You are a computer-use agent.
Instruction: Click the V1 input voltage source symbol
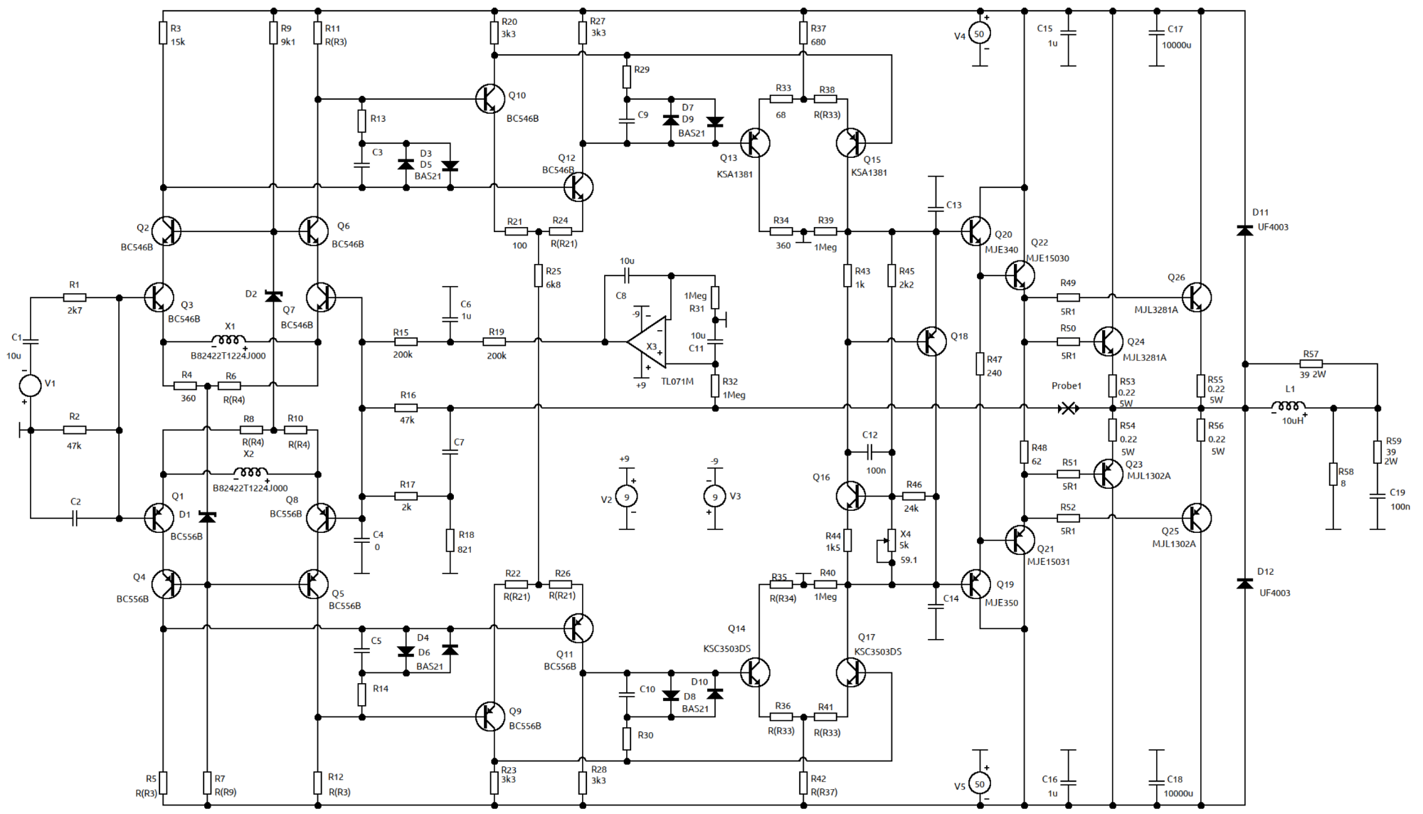click(x=30, y=386)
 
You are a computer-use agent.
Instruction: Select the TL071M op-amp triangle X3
click(x=647, y=342)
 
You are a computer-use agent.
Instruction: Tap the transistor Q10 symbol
click(x=490, y=99)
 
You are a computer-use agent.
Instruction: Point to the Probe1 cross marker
click(x=1067, y=408)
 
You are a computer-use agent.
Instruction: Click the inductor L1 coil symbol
click(x=1289, y=408)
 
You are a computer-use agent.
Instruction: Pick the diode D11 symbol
click(x=1244, y=231)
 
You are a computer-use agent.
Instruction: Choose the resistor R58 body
click(x=1333, y=475)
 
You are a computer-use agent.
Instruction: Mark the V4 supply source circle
click(x=980, y=33)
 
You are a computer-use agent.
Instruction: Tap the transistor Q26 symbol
click(x=1197, y=297)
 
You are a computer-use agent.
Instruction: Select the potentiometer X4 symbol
click(x=891, y=541)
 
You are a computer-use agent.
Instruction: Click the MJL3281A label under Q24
click(x=1144, y=358)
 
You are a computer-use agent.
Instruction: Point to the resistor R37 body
click(x=803, y=33)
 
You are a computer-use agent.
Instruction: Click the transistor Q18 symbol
click(x=931, y=342)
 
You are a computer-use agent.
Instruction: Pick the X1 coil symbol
click(x=229, y=339)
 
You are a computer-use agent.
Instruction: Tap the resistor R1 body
click(x=75, y=297)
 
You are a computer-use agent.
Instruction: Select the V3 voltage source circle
click(x=714, y=496)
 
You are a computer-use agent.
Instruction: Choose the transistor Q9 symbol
click(x=490, y=717)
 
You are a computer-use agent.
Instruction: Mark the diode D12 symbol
click(x=1244, y=583)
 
